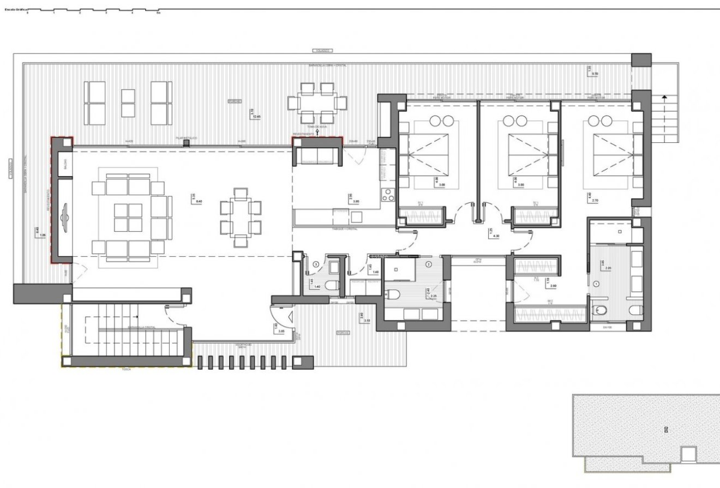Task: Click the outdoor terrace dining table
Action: point(317,103)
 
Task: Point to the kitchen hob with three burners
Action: point(388,195)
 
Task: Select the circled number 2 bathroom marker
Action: point(429,264)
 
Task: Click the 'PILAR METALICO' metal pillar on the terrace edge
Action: point(186,143)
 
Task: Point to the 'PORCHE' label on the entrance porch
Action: point(343,332)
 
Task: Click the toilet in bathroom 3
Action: point(331,285)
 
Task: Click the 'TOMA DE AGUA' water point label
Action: point(315,126)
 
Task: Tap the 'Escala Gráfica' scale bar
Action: point(82,10)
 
